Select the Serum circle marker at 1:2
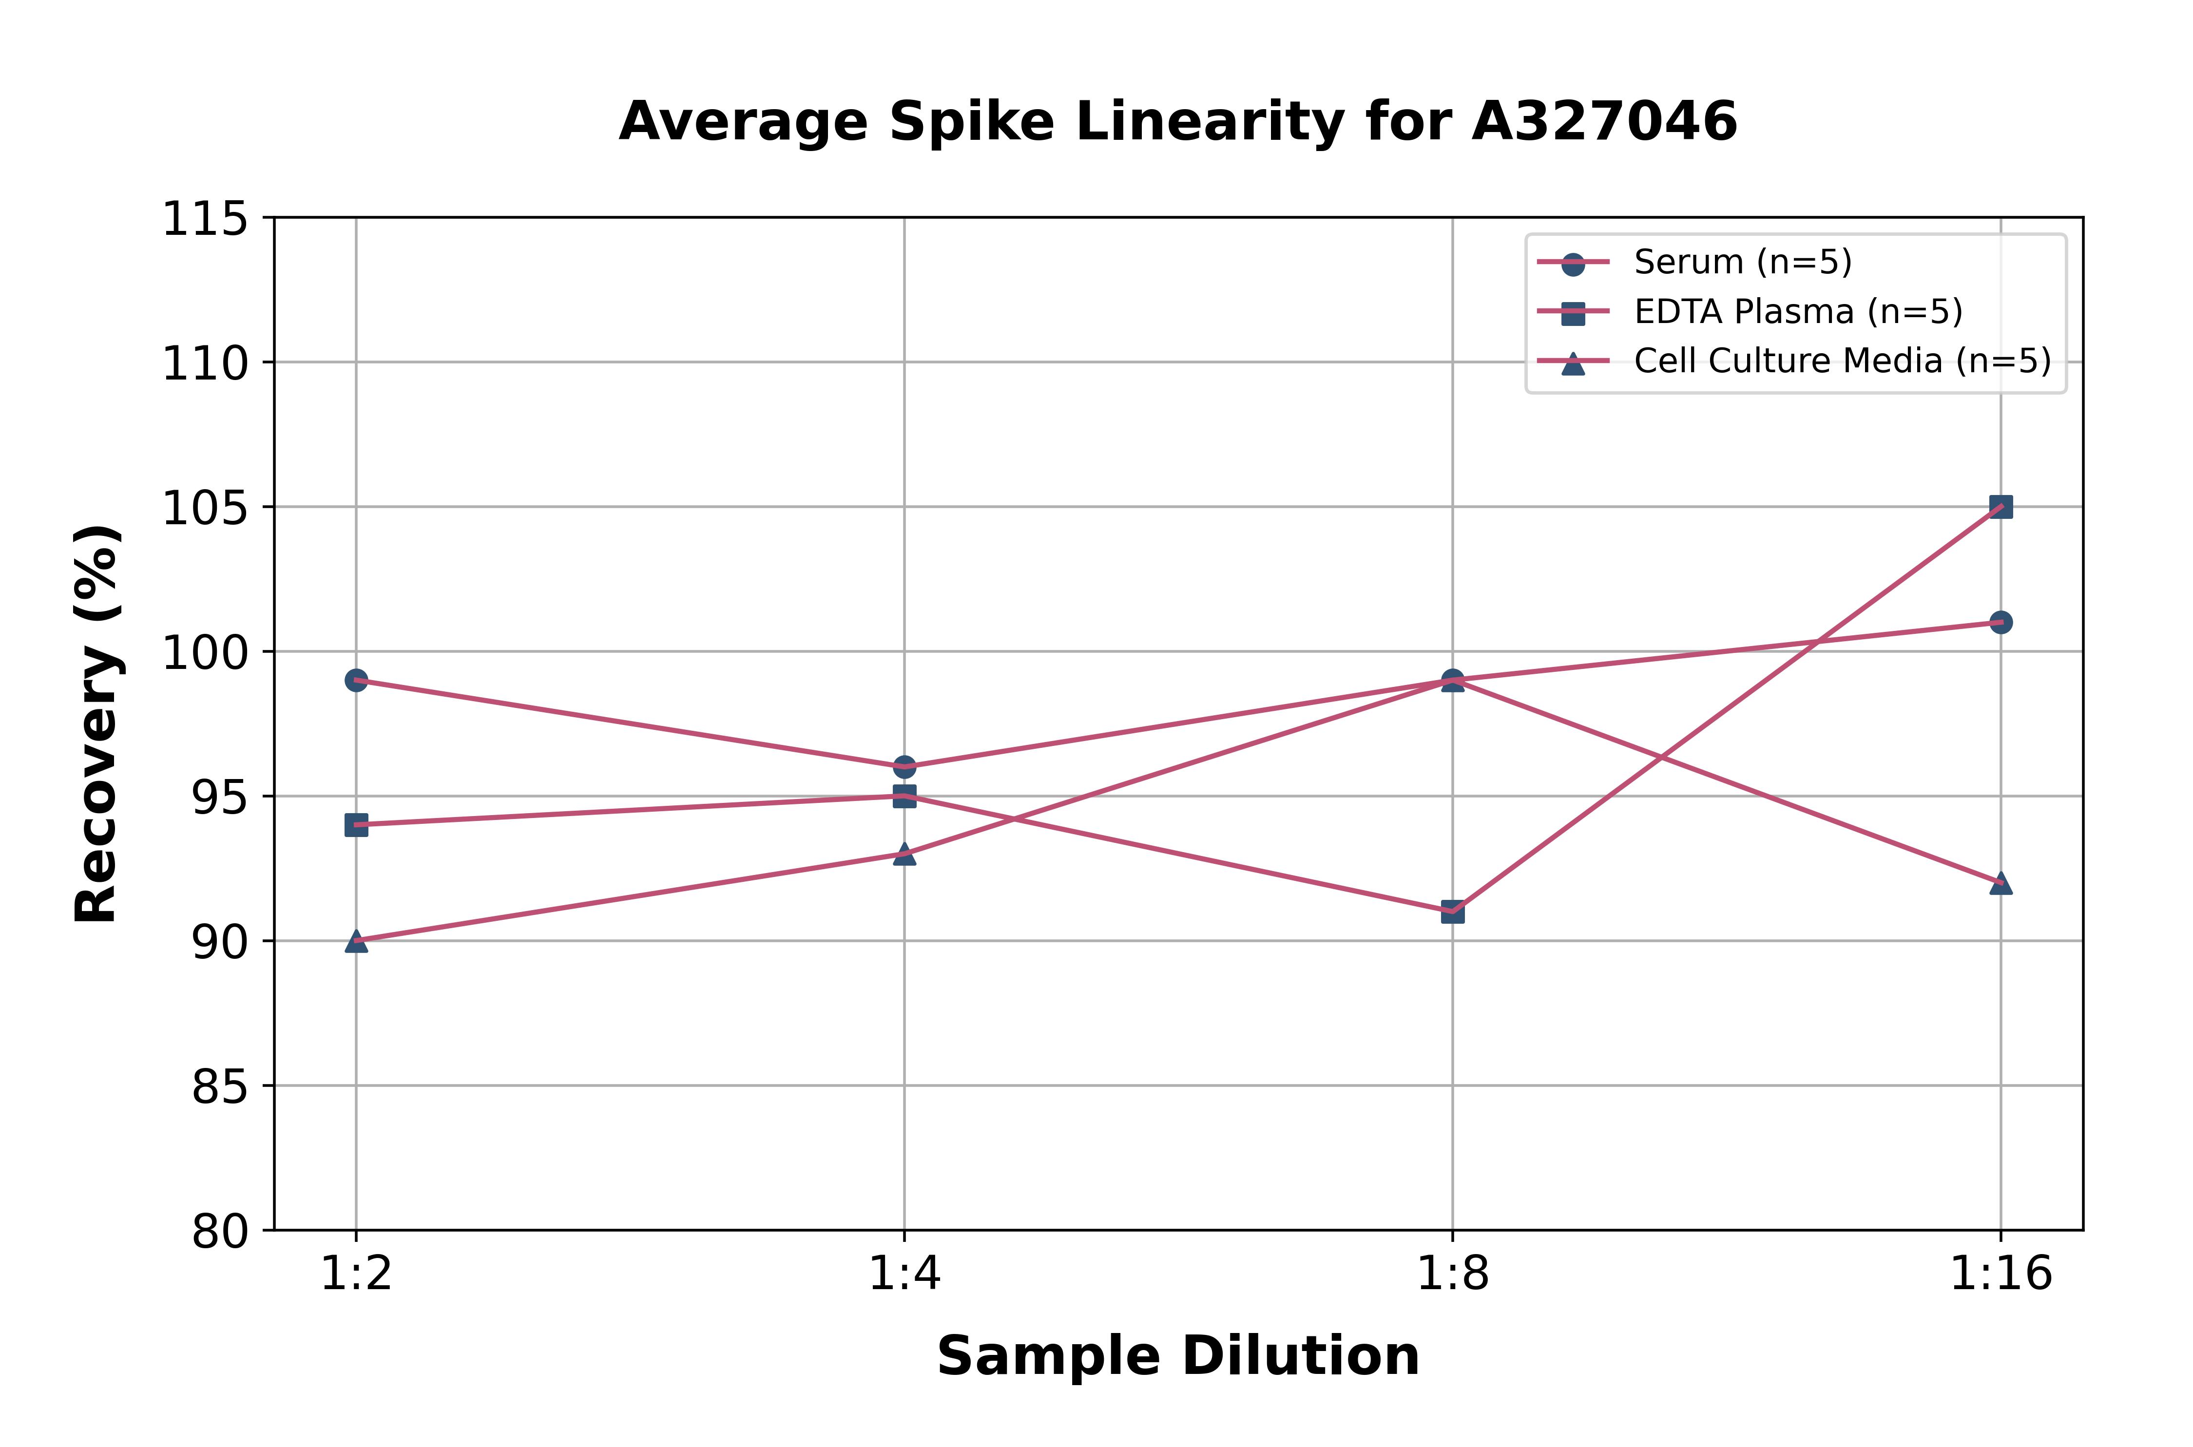coord(356,680)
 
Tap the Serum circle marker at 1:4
coord(904,767)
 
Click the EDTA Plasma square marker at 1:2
coord(356,825)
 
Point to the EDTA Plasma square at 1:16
coord(2000,507)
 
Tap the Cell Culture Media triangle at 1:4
coord(904,854)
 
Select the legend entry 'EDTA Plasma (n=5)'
coord(1798,312)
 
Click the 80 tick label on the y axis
coord(220,1231)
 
